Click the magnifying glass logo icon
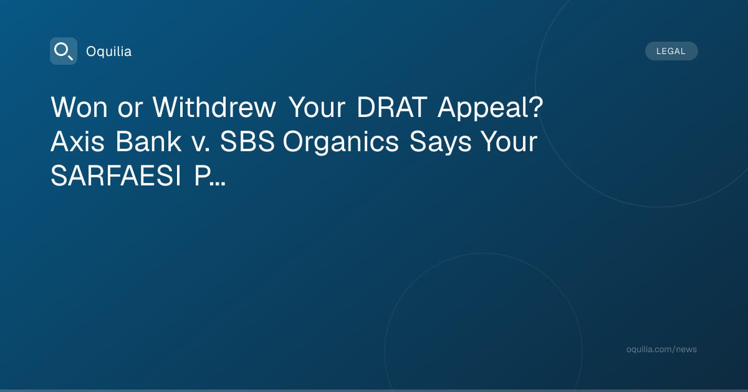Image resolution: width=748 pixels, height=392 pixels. click(64, 51)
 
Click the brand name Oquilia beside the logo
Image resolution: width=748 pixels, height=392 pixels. click(109, 51)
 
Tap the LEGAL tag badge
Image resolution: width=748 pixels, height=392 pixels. click(671, 51)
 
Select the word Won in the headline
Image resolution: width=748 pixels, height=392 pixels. click(79, 107)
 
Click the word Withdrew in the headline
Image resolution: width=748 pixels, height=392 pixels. click(214, 106)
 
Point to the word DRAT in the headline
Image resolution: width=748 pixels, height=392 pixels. click(392, 107)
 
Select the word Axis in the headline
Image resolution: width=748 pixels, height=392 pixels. click(77, 142)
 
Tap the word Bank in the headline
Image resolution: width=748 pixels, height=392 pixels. click(148, 141)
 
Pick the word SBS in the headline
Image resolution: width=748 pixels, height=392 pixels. click(247, 142)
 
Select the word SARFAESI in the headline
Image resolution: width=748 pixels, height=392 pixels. click(116, 175)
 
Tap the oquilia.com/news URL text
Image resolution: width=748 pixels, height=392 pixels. click(661, 349)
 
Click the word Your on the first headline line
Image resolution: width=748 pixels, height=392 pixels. click(317, 107)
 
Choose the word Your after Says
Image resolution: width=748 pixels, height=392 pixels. click(509, 142)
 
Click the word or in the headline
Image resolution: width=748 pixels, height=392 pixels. click(130, 110)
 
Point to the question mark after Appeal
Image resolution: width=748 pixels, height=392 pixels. click(536, 107)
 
